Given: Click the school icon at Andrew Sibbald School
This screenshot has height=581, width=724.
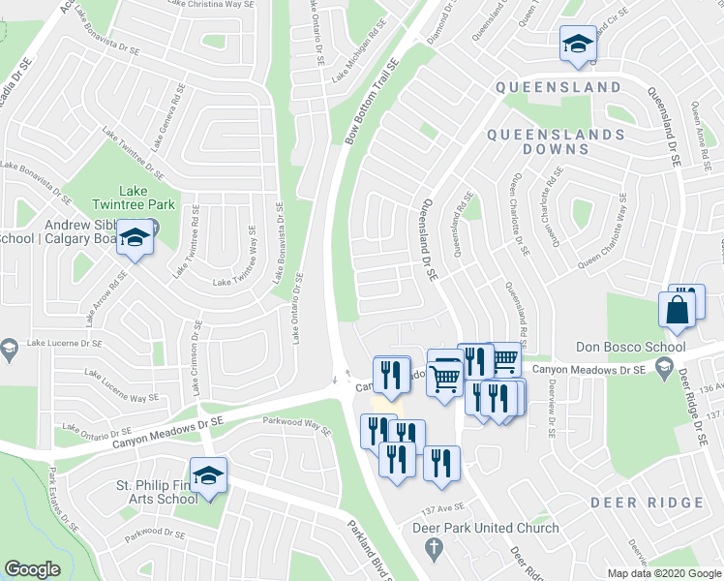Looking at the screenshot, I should [136, 237].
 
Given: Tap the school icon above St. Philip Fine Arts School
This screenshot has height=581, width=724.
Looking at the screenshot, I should [207, 475].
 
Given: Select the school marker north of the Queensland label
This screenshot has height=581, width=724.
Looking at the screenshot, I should [578, 44].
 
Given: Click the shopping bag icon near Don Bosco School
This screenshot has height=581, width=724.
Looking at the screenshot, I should [677, 310].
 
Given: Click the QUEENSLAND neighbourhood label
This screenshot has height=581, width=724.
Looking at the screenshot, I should [558, 87].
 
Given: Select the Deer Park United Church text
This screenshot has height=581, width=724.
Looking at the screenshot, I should [486, 528].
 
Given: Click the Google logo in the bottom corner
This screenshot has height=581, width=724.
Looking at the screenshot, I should [32, 569].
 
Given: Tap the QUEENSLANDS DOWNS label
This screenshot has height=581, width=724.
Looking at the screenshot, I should [555, 141].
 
